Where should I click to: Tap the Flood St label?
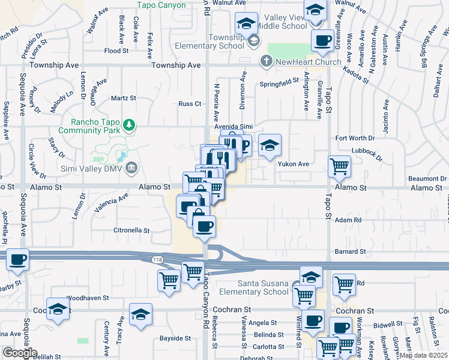click(113, 51)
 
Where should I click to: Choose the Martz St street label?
click(124, 97)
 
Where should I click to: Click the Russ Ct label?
click(190, 103)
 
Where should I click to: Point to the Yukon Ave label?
click(292, 163)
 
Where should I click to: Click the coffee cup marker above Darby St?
click(18, 259)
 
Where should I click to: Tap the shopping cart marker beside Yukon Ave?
click(340, 166)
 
